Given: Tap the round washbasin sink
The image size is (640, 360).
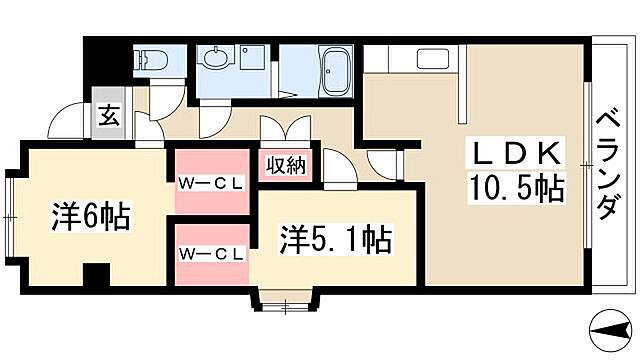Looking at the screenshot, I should click(x=213, y=60).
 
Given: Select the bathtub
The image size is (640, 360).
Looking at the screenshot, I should click(x=333, y=70).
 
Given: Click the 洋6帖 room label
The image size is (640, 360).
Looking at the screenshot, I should click(x=90, y=217).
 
